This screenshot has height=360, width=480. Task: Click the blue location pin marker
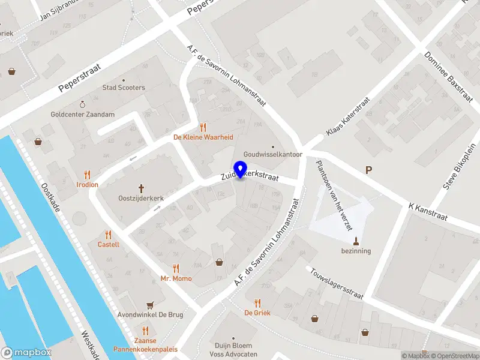coord(241,169)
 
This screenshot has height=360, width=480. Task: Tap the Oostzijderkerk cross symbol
coord(142,188)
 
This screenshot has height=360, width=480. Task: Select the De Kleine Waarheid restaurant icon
coord(203,127)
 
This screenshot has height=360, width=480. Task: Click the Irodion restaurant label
coord(87,184)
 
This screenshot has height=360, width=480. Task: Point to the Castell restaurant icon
coord(109,235)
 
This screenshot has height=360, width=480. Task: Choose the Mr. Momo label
coord(176,278)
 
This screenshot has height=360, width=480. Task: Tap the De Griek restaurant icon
coord(257,303)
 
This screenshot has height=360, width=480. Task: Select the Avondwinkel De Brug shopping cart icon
coord(150,305)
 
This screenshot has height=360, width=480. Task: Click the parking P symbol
coord(368,170)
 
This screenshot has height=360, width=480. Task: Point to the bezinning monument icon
coord(356,242)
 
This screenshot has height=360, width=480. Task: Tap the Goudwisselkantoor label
coord(272,154)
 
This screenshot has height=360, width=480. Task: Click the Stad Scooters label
coord(124,88)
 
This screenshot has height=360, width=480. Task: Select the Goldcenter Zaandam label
coord(83,114)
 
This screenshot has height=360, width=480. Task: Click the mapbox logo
coord(26,353)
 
